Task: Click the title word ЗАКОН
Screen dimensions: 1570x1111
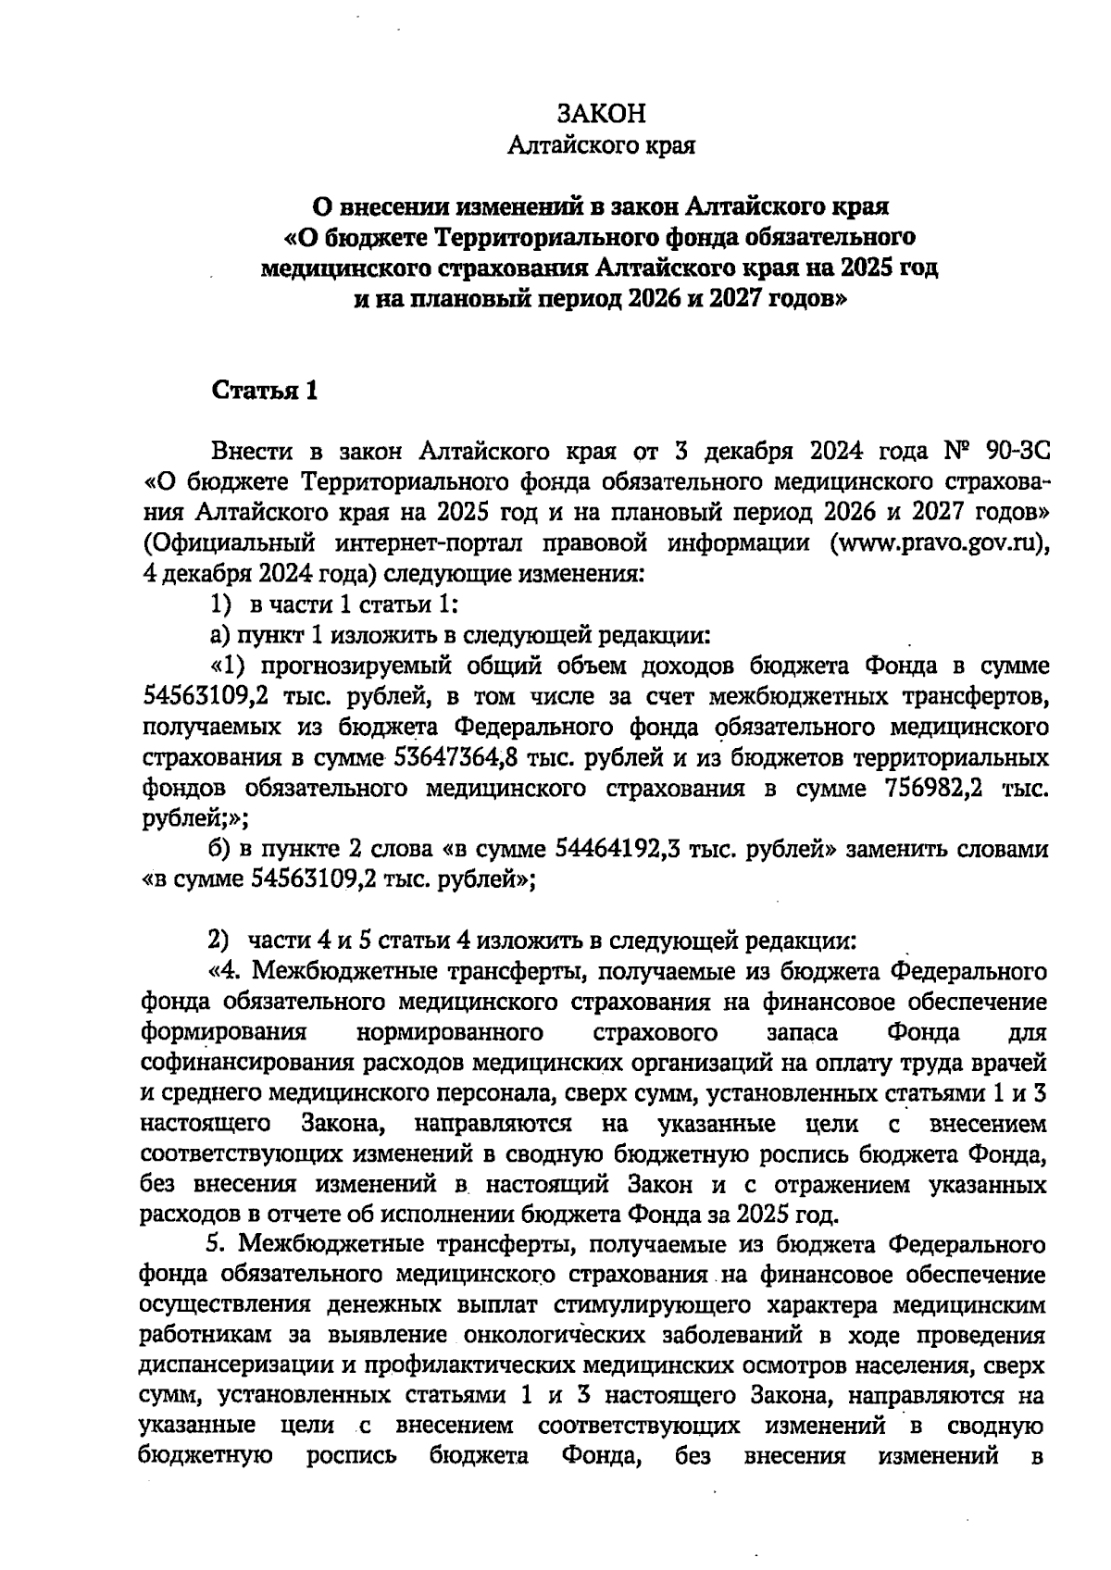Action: click(x=601, y=114)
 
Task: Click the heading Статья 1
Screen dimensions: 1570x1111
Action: click(x=266, y=391)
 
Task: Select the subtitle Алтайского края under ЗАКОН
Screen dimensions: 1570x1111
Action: click(x=601, y=146)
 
